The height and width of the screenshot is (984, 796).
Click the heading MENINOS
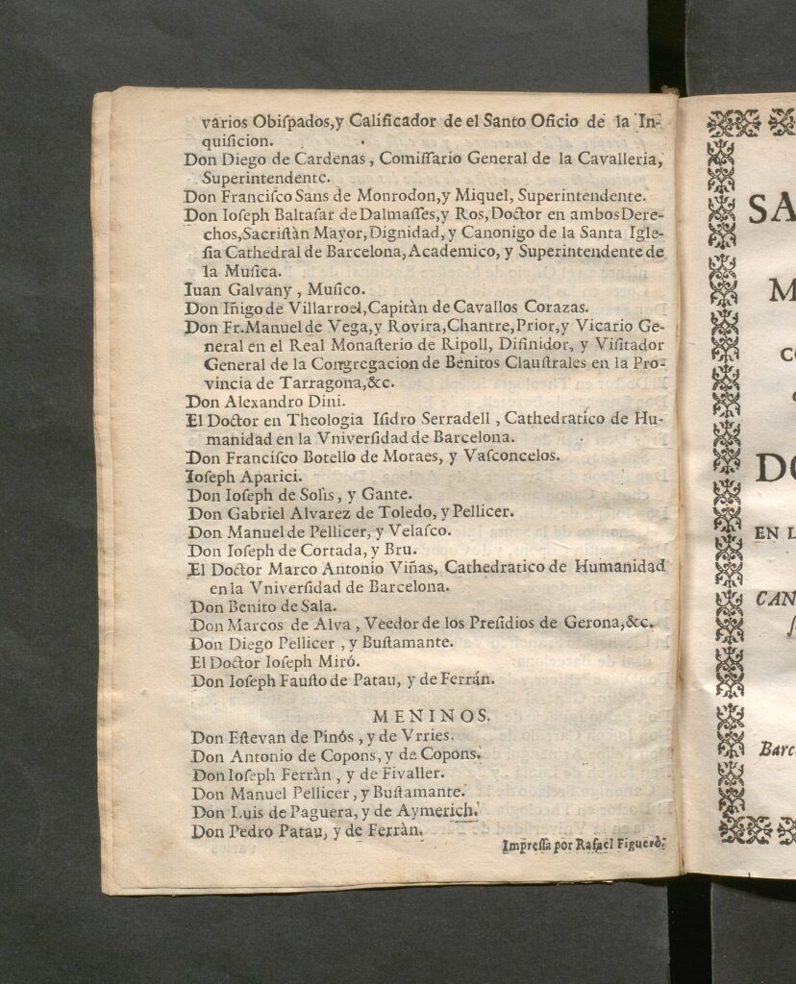(x=431, y=716)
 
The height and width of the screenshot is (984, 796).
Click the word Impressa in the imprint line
(x=529, y=847)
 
